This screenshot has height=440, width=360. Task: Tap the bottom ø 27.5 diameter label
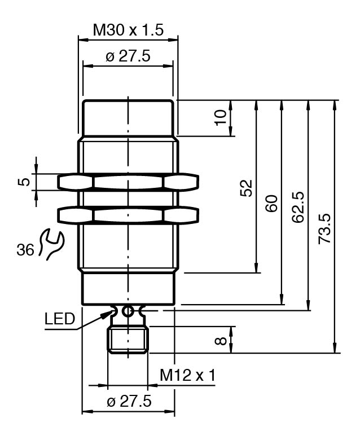coord(129,402)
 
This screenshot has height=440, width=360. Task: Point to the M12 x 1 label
coord(187,375)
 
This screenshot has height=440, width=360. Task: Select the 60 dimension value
coord(272,203)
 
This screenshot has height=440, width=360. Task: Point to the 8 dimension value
coord(221,340)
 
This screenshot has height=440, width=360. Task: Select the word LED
coord(60,319)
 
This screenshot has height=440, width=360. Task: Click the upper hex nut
coord(128,182)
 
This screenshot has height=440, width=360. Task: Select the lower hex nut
coord(128,215)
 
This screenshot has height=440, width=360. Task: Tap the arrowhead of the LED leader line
coord(108,312)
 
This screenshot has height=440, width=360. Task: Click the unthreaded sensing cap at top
coord(128,117)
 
